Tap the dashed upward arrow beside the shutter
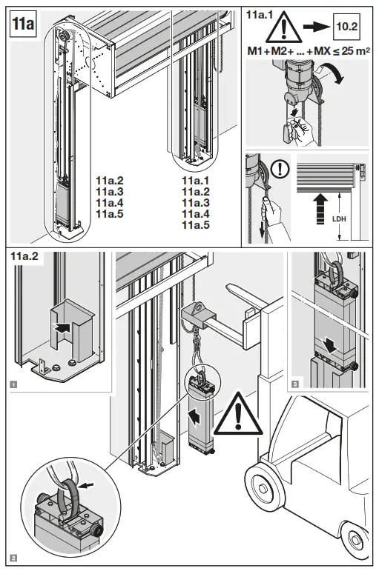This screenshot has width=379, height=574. (320, 209)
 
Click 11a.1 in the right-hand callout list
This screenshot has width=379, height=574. (196, 178)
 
